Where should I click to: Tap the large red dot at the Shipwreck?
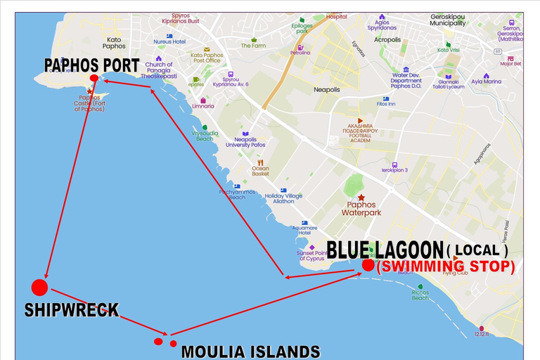point(39,287)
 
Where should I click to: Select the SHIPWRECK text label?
point(72,309)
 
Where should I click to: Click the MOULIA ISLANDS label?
point(251,351)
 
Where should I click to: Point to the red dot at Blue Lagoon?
point(368,265)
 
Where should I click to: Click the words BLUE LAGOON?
point(385,249)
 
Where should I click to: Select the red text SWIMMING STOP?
point(446,267)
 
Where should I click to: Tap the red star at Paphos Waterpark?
point(361,198)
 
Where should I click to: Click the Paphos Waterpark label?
point(361,208)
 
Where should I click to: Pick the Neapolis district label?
point(326,90)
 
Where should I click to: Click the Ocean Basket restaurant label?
point(260,172)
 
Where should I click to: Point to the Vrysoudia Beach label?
point(204,136)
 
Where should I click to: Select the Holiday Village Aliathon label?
point(283,198)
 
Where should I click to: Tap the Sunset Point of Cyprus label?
point(313,255)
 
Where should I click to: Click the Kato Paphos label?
point(113,43)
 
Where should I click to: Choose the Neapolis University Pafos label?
point(245,142)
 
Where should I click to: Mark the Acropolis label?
point(387,39)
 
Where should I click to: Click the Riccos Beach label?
point(420,295)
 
